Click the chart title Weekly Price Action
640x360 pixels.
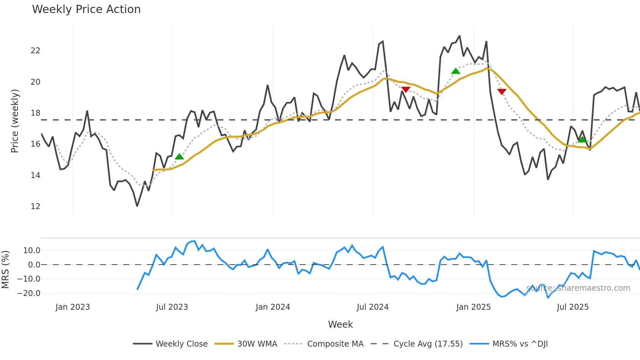pos(86,9)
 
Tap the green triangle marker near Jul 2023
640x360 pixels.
pos(179,157)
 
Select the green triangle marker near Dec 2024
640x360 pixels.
pos(456,71)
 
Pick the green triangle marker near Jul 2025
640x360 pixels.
pos(582,140)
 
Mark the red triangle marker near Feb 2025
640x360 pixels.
pos(502,91)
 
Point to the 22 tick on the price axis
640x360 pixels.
pos(35,51)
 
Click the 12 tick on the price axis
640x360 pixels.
pos(35,206)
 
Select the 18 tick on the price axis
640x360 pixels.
pos(35,113)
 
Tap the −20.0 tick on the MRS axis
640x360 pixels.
pos(29,293)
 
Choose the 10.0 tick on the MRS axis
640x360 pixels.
pos(31,251)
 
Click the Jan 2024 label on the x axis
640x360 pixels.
pos(273,307)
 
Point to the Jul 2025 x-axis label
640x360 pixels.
pos(573,307)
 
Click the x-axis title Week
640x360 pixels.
pos(340,324)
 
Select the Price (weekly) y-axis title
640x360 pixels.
pos(15,121)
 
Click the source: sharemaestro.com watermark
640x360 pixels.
pos(578,288)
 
